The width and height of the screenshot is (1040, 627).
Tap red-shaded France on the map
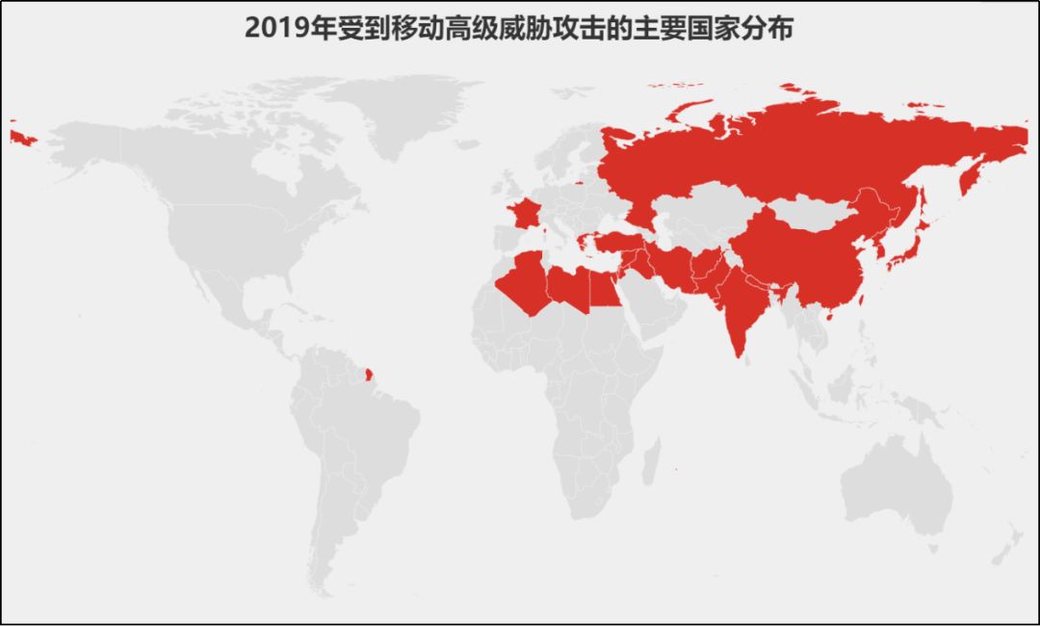(525, 214)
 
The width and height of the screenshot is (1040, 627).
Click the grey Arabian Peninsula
(645, 308)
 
